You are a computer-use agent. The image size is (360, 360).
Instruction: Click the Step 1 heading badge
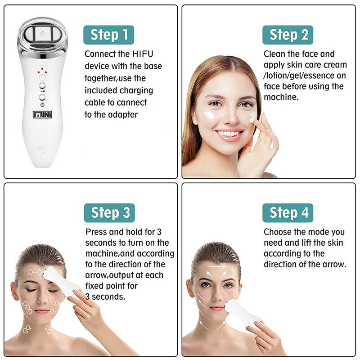pos(108,35)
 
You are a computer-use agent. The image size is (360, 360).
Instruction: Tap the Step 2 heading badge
pos(288,35)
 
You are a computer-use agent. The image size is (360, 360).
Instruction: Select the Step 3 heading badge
pos(109,213)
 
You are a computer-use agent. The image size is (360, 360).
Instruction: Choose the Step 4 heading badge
pos(288,213)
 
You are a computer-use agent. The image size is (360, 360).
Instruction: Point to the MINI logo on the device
pos(42,111)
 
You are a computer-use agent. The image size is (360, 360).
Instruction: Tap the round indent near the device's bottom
pos(42,150)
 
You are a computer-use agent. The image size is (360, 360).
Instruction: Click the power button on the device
pos(42,97)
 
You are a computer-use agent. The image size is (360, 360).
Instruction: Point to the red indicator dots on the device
pos(42,72)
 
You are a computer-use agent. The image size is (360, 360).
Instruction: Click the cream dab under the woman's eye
pos(209,115)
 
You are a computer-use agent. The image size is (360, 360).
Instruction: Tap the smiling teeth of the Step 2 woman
pos(229,134)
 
